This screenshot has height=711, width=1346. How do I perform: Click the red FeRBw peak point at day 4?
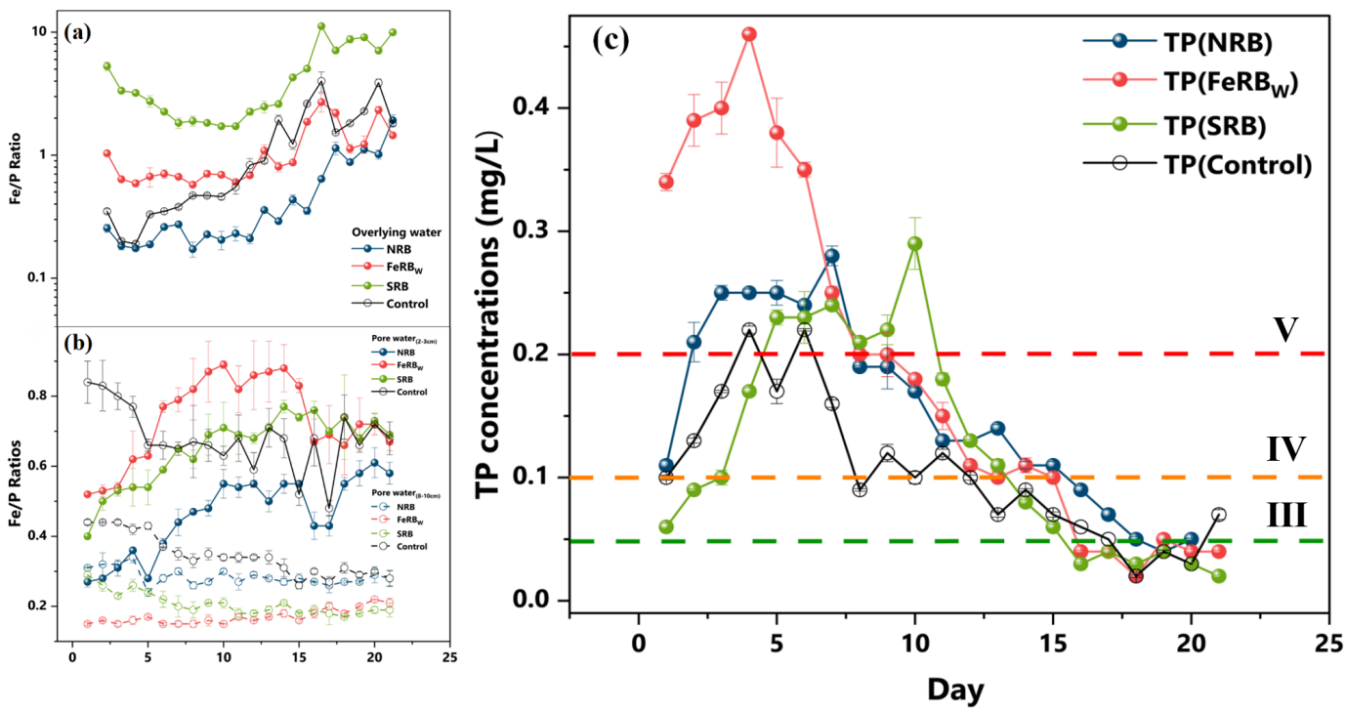coord(749,34)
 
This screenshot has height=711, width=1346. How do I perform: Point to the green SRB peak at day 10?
coord(915,243)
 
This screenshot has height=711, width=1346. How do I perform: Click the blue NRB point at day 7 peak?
coord(832,256)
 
